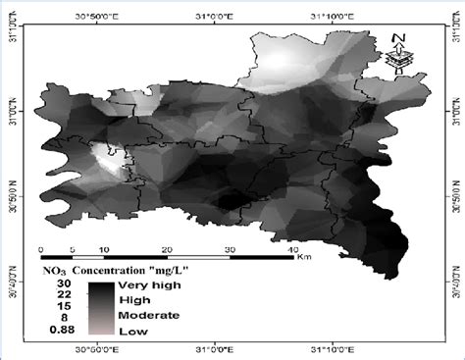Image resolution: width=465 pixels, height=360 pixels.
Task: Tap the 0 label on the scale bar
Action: coord(40,249)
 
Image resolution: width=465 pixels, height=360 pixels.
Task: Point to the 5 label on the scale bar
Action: coord(73,249)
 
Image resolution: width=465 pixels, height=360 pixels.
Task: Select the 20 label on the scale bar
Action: coord(166,249)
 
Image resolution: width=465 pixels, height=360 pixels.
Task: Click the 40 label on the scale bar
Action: coord(291,249)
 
